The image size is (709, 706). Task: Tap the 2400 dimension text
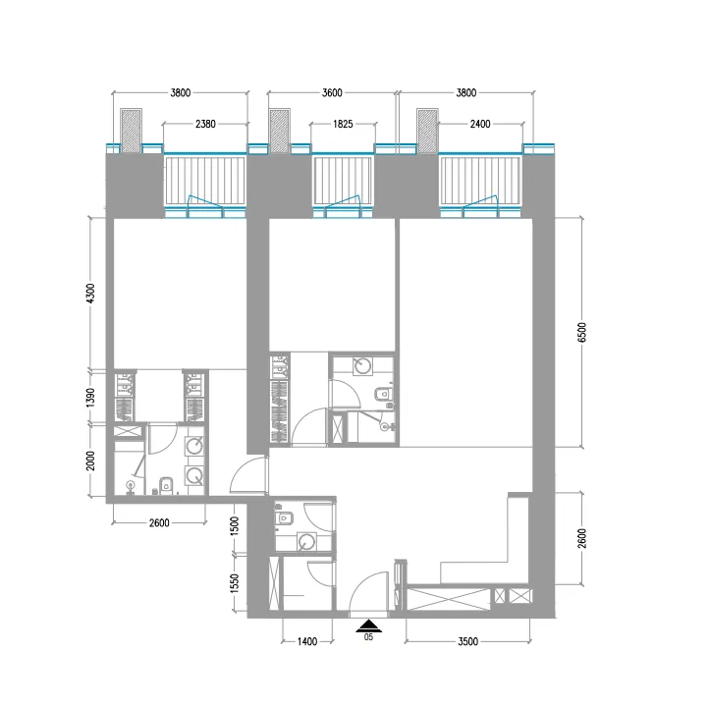[x=481, y=125]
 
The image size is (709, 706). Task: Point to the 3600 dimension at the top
[x=332, y=93]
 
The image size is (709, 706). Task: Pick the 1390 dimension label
[x=89, y=398]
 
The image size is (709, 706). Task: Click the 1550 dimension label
[x=235, y=585]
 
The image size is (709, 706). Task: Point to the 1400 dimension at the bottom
[x=306, y=642]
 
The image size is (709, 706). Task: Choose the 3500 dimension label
[x=467, y=642]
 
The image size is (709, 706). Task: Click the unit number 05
[x=368, y=637]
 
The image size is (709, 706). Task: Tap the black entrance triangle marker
[x=368, y=625]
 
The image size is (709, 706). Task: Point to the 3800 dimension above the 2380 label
[x=180, y=93]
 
